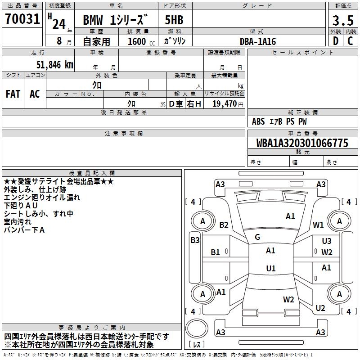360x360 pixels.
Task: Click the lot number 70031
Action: pyautogui.click(x=22, y=20)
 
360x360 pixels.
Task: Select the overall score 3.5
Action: pyautogui.click(x=342, y=21)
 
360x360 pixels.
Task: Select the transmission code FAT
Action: pyautogui.click(x=13, y=94)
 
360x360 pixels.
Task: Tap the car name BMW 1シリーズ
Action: pyautogui.click(x=115, y=21)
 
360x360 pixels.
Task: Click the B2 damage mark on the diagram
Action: pyautogui.click(x=224, y=225)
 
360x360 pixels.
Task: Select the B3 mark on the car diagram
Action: pyautogui.click(x=194, y=240)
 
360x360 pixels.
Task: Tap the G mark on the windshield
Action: pyautogui.click(x=257, y=237)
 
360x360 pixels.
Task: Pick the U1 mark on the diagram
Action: pyautogui.click(x=270, y=269)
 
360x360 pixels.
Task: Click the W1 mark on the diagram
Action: pyautogui.click(x=319, y=225)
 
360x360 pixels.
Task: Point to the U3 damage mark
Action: pyautogui.click(x=327, y=241)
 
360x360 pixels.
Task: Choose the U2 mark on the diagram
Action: pyautogui.click(x=320, y=308)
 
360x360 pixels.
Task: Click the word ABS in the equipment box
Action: pyautogui.click(x=258, y=121)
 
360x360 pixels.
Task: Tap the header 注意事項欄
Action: pyautogui.click(x=124, y=134)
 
